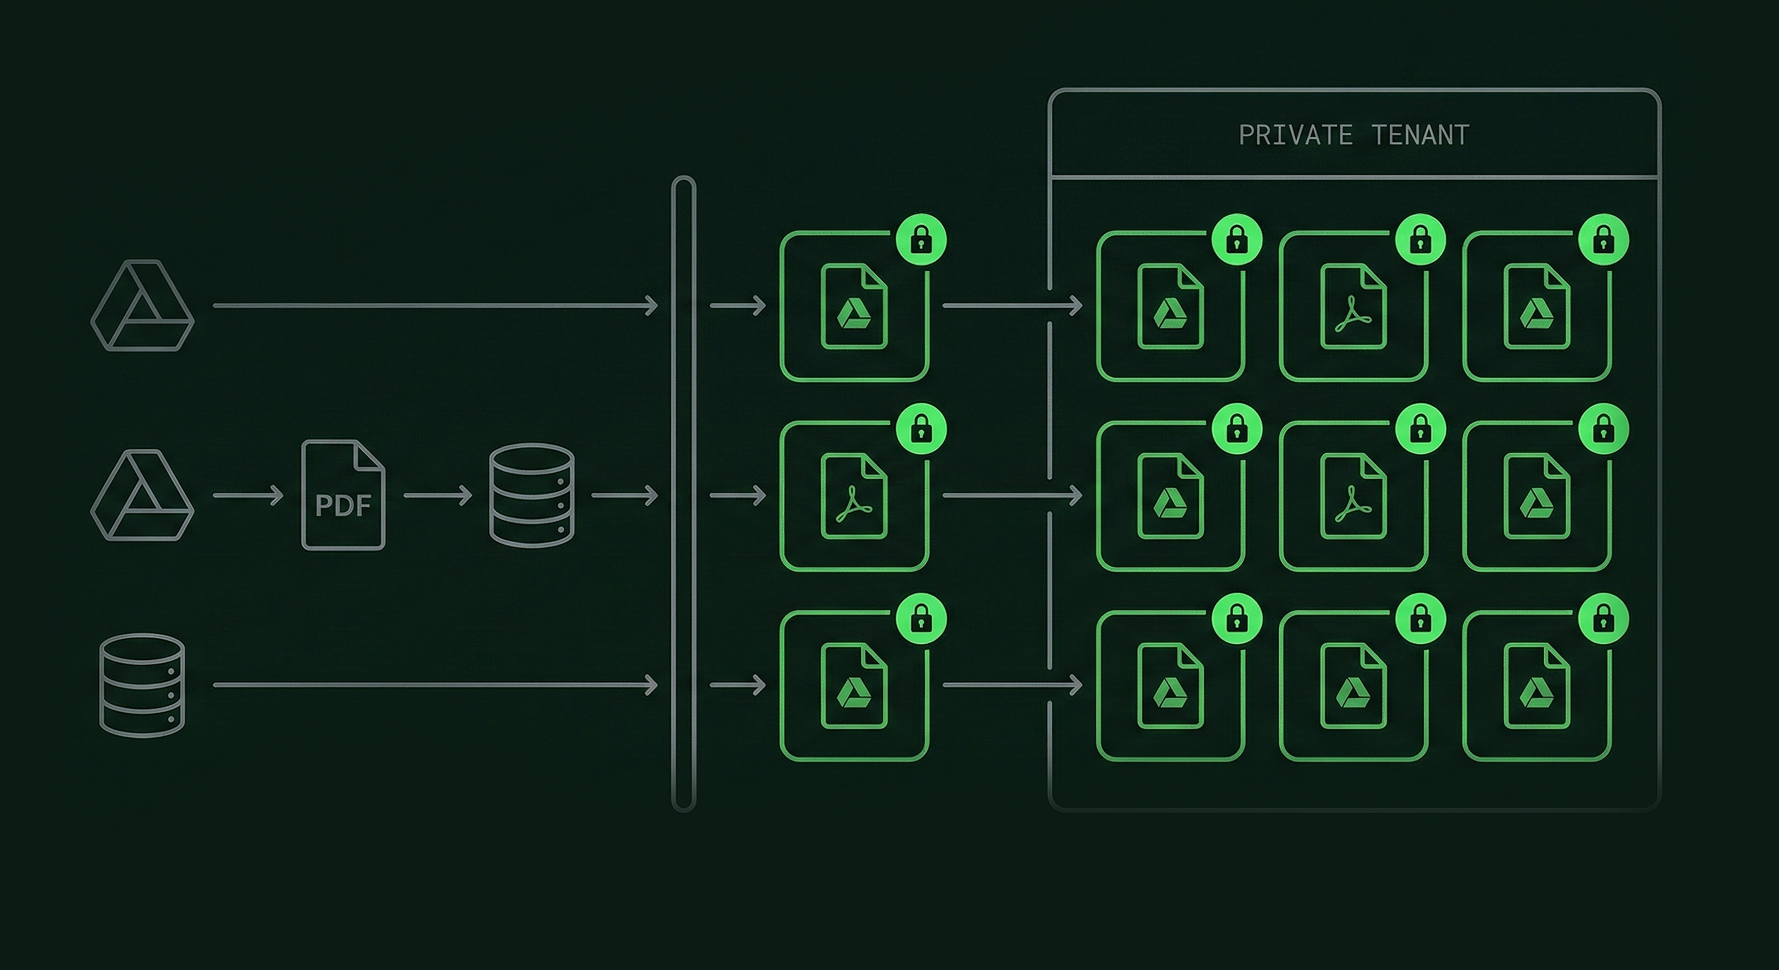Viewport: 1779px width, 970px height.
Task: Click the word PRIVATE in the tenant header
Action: (x=1295, y=135)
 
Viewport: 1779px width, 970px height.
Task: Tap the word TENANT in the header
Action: (x=1420, y=135)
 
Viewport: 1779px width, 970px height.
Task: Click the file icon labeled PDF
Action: (x=343, y=495)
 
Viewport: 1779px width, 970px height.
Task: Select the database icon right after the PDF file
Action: (x=531, y=495)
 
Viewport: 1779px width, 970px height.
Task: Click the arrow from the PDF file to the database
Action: (x=437, y=495)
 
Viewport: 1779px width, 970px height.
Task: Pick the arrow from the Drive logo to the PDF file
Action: (x=248, y=495)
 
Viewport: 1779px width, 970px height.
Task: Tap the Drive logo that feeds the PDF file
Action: (x=142, y=495)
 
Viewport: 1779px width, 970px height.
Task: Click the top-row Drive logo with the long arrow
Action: (x=142, y=305)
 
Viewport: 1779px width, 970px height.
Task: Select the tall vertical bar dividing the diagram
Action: (x=683, y=494)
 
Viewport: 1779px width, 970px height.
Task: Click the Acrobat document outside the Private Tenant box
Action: (x=854, y=496)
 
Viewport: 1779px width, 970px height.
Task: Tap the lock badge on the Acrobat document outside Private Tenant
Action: (x=920, y=429)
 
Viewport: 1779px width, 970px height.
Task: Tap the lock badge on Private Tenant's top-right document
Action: (x=1603, y=239)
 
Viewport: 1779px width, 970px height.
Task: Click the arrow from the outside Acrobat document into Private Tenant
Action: (x=1011, y=495)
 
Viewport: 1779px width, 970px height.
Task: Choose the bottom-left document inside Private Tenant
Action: (x=1171, y=686)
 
